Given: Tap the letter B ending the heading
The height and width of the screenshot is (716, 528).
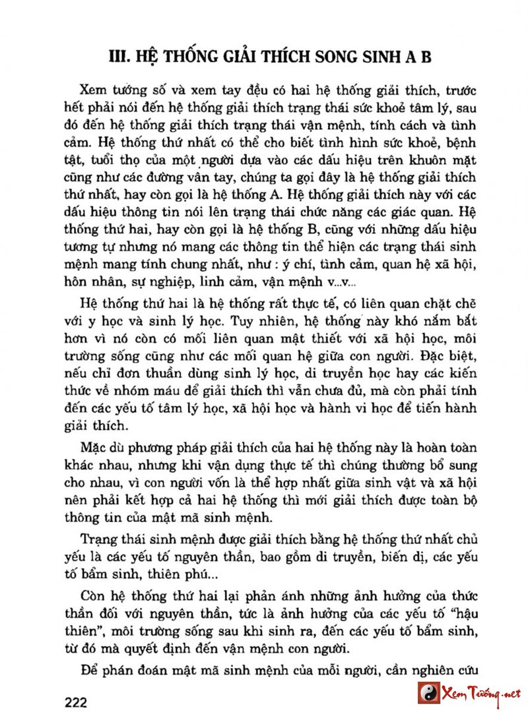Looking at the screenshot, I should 425,57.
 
